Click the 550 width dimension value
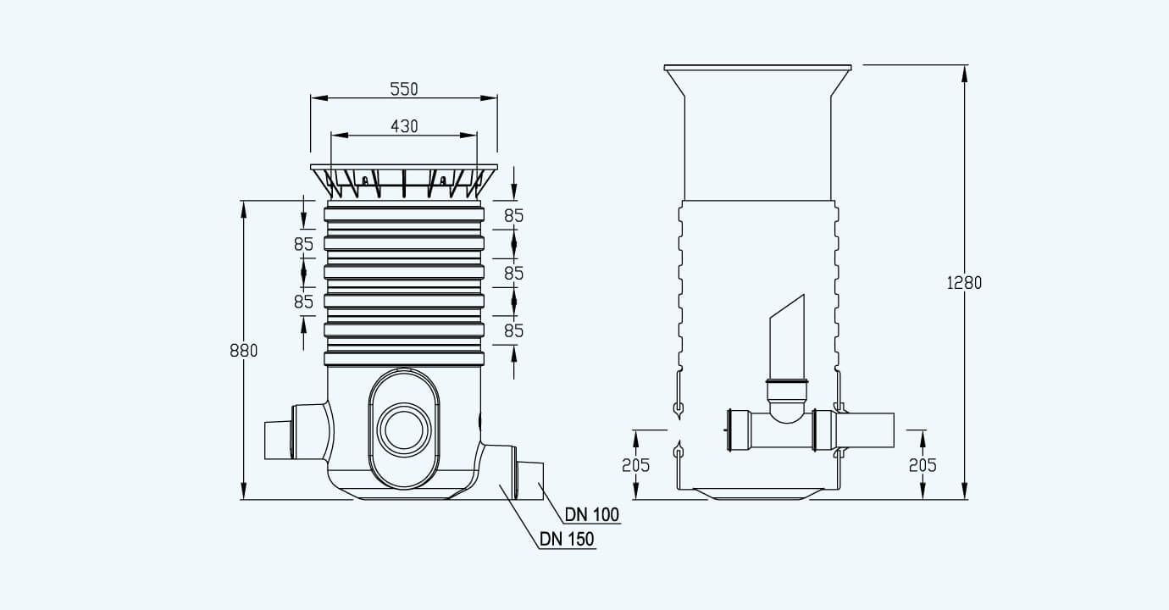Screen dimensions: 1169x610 tap(404, 89)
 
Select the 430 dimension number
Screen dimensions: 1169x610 tap(404, 126)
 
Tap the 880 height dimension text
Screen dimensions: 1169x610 tap(244, 351)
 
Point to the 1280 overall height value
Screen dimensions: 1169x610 tap(964, 283)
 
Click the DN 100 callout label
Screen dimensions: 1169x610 tap(592, 515)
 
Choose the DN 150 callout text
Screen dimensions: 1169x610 tap(567, 539)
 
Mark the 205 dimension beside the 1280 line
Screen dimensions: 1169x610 tap(922, 465)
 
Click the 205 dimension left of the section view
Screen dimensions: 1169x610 tap(635, 465)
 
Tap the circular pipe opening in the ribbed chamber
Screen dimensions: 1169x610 tap(403, 430)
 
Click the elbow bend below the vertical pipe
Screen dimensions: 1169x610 tap(787, 409)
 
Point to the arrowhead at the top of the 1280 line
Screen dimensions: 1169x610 tap(964, 74)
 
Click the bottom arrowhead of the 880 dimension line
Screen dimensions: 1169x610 tap(244, 491)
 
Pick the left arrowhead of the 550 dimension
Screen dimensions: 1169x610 tap(319, 97)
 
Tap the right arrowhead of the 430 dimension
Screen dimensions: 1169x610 tap(468, 136)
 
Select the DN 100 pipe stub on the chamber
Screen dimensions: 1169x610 tap(529, 480)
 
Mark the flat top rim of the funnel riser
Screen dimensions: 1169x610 tap(758, 67)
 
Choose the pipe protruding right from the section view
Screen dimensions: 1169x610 tap(865, 430)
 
